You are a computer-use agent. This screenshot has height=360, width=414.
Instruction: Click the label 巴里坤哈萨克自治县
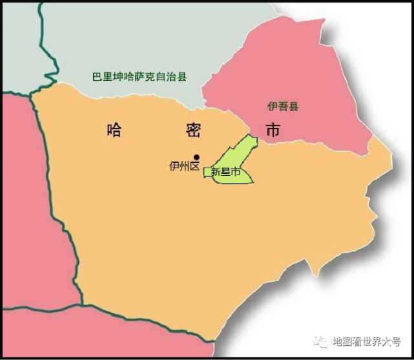click(x=139, y=77)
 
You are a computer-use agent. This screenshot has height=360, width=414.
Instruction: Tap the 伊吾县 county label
click(x=283, y=106)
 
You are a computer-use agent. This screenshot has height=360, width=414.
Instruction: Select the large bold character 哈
click(x=114, y=130)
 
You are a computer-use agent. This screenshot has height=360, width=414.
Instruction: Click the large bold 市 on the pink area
click(x=273, y=130)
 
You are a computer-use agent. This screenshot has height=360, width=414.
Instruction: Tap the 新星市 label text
click(x=225, y=173)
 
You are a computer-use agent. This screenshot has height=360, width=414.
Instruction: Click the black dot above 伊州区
click(x=196, y=156)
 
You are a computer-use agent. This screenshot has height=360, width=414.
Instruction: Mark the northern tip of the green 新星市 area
click(x=248, y=136)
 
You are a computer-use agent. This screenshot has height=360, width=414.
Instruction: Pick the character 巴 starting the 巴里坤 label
click(x=96, y=77)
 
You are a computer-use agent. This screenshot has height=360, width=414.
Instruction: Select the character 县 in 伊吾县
click(x=293, y=106)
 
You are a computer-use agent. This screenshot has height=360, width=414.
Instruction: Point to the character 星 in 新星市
click(x=225, y=173)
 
